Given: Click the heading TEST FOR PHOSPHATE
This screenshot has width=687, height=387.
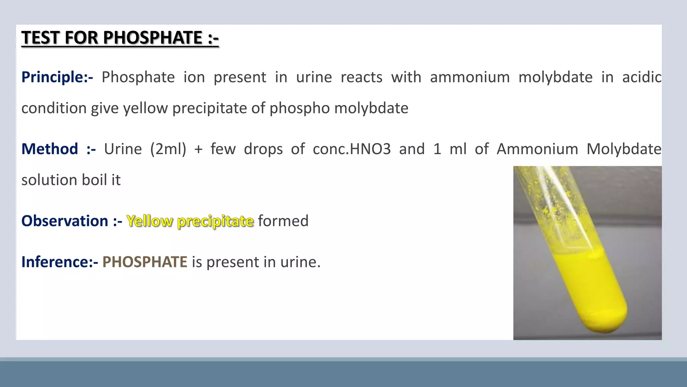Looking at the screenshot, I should click(120, 38).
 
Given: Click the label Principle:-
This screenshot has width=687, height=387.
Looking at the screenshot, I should click(57, 77).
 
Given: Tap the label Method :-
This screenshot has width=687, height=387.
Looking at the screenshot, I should click(58, 149).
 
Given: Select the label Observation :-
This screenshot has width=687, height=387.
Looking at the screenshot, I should click(71, 221).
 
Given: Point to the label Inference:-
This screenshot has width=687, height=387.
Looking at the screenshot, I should click(59, 262).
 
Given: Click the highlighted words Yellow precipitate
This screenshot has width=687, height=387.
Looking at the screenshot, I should click(190, 221).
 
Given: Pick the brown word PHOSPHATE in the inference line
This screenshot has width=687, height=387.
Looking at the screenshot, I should click(145, 262).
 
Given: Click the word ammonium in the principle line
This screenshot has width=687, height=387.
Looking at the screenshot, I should click(470, 77).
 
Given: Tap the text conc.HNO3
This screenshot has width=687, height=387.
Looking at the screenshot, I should click(352, 149).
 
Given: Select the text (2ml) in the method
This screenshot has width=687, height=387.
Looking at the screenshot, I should click(168, 149).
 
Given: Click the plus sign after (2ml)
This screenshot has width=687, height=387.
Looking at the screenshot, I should click(198, 149).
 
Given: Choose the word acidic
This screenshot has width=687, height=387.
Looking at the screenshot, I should click(642, 77).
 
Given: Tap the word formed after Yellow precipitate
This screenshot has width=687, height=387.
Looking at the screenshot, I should click(283, 221).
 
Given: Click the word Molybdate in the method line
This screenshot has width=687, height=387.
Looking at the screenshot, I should click(624, 149).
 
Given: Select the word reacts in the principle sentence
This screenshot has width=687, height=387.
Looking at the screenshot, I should click(361, 77).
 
